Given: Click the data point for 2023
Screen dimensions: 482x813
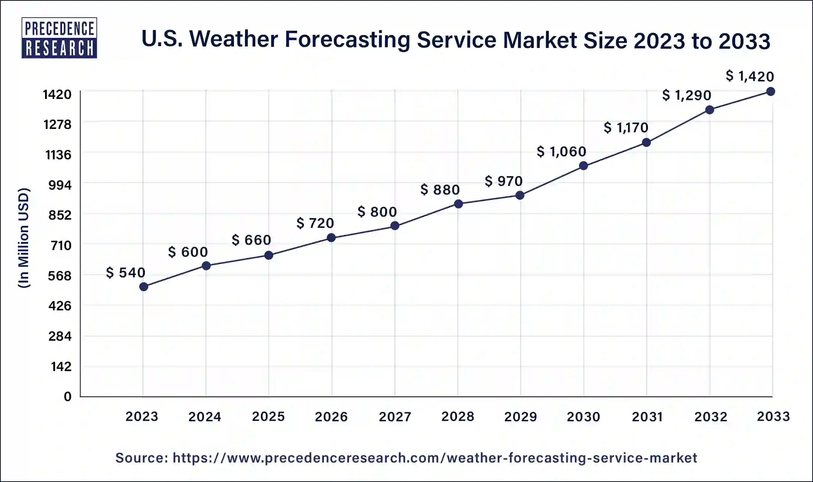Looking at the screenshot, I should tap(143, 287).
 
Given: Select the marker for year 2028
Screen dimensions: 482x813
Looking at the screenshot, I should tap(459, 204).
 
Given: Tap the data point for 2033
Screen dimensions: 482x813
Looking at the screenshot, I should tap(770, 91).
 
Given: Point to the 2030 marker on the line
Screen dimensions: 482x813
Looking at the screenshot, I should tap(583, 166).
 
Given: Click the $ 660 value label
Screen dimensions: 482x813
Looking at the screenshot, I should tap(251, 240).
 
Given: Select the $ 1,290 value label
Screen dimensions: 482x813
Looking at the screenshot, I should tap(686, 95).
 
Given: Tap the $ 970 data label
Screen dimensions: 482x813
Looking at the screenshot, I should tap(503, 181).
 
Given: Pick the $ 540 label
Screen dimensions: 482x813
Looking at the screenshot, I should tap(125, 272).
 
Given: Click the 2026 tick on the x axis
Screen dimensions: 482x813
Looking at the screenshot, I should tap(331, 416).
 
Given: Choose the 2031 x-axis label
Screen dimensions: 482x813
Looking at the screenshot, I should tap(647, 416).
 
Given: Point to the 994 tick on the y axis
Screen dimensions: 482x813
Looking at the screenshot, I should tap(60, 185).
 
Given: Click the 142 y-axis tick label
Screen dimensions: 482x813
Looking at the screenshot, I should tap(61, 366).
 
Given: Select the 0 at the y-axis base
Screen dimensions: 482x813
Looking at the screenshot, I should tap(67, 397).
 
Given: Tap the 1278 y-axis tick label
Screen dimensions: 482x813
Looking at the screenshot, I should tap(57, 124).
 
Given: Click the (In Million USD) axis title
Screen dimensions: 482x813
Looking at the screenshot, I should tap(24, 238).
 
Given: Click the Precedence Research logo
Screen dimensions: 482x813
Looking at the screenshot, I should tap(60, 38).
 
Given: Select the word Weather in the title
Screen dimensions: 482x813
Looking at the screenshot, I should tap(234, 39).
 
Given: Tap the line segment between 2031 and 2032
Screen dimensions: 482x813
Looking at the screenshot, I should tap(678, 126).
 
